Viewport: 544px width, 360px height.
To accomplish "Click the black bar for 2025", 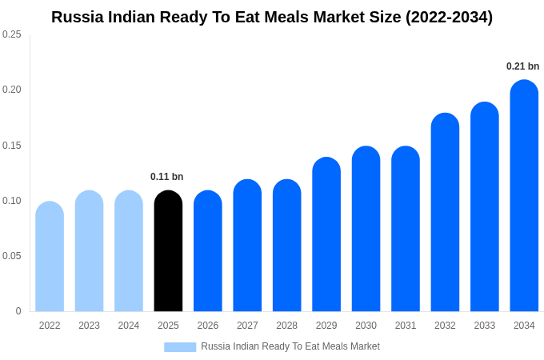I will click(168, 252).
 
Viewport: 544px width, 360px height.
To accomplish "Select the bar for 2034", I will click(524, 196).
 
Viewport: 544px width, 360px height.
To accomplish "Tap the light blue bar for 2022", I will click(50, 257).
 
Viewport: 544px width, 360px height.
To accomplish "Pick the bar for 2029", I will click(326, 235).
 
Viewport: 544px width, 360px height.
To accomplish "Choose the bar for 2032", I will click(445, 213).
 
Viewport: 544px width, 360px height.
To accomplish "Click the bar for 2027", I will click(247, 246).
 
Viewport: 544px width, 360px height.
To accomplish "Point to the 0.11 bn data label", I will click(166, 177).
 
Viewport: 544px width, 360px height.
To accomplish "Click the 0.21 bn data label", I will click(522, 66).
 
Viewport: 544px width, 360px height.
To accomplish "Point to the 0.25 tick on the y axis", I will click(12, 34).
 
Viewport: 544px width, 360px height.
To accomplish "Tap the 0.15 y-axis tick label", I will click(12, 146).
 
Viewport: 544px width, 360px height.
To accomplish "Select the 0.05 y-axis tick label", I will click(12, 256).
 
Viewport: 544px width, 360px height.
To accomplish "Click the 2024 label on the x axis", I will click(129, 326).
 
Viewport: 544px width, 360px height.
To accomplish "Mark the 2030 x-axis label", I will click(366, 326).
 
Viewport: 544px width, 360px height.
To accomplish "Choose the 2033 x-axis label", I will click(484, 326).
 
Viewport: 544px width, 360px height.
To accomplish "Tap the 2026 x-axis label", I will click(208, 326).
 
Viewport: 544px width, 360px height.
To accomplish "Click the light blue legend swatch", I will click(180, 346).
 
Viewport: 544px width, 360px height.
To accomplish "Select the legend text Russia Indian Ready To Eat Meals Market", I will click(290, 346).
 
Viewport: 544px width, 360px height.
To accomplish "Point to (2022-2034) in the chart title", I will click(449, 17).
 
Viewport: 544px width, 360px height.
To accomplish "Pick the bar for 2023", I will click(89, 251).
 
